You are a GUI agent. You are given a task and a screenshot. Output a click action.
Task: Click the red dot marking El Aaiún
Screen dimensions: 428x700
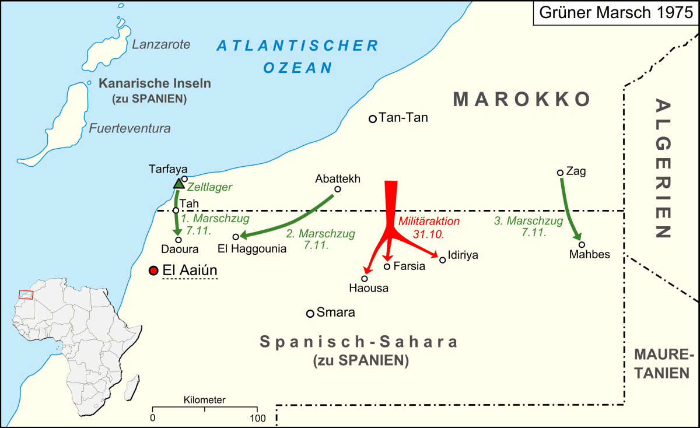point(153,271)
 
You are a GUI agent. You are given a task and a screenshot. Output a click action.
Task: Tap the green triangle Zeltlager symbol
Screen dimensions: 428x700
point(179,184)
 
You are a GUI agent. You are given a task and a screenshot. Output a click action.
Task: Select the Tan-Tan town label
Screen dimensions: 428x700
point(403,118)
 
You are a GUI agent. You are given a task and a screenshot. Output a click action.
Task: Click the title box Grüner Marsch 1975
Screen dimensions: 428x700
point(615,13)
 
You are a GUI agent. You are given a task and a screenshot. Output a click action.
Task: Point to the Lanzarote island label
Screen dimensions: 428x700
point(161,44)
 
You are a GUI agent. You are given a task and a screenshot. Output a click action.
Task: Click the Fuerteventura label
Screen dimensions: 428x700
point(129,128)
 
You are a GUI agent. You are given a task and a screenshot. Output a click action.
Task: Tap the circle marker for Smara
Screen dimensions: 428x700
point(310,314)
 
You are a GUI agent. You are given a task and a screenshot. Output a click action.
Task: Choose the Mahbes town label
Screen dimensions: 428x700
point(589,254)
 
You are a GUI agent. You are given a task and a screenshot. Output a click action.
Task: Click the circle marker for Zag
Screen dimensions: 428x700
point(560,173)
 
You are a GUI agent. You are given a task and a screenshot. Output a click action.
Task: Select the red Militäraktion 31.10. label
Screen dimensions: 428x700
point(429,228)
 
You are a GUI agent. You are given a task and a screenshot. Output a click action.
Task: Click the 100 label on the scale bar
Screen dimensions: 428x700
point(257,418)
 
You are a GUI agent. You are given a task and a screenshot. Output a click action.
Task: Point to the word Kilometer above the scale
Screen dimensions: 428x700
point(204,400)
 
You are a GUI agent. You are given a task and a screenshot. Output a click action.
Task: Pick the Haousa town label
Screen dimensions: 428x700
point(368,287)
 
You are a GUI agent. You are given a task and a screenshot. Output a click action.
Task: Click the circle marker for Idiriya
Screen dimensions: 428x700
point(442,259)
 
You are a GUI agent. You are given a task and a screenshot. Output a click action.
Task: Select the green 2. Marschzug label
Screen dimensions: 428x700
point(320,239)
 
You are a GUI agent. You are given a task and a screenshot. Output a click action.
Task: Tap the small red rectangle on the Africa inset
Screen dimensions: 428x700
point(26,294)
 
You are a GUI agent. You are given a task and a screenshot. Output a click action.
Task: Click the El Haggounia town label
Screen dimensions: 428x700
point(251,249)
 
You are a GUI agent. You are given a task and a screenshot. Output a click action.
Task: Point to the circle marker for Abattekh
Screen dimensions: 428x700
point(337,189)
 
